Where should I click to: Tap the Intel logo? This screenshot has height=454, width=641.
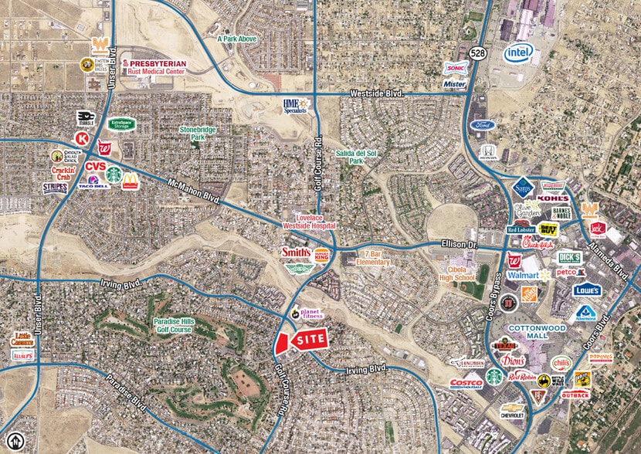coord(521,53)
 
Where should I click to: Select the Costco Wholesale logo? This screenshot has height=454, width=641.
coord(466,384)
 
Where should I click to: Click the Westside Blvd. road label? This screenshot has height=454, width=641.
coord(378,93)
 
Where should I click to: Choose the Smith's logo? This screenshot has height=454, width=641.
coord(295,252)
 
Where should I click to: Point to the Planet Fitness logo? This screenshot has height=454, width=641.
coord(309,313)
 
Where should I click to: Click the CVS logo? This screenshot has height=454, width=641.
coord(96,166)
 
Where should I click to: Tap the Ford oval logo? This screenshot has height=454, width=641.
coord(483,125)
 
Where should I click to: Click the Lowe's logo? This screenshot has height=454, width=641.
coord(587,290)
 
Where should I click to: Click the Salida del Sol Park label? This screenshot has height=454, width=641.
coord(355,158)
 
